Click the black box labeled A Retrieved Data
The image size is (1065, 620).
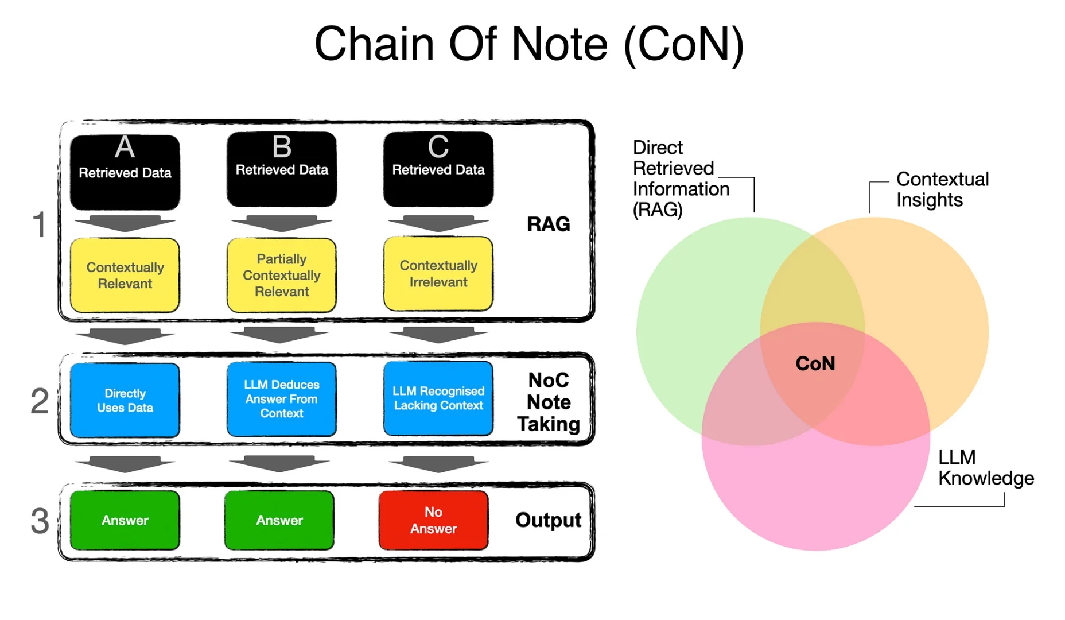[x=125, y=172]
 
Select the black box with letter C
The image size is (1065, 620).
[x=438, y=169]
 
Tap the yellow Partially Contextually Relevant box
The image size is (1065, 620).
[x=281, y=275]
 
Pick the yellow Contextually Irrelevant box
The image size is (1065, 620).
[x=438, y=274]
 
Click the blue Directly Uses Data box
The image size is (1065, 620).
[x=125, y=400]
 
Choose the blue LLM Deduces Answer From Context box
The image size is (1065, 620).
[x=281, y=399]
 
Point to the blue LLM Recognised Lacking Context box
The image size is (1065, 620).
[x=438, y=398]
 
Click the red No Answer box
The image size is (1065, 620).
[x=433, y=520]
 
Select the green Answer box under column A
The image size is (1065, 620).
[x=125, y=520]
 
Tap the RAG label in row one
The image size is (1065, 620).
[x=548, y=224]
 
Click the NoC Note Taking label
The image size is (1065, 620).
[x=548, y=402]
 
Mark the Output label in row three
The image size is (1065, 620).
[x=548, y=520]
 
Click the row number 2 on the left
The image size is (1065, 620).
[x=40, y=401]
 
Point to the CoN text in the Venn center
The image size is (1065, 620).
[x=815, y=363]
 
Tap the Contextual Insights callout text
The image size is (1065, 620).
[x=942, y=189]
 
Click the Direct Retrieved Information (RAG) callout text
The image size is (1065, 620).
[x=680, y=179]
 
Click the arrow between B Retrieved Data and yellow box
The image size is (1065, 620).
[x=281, y=223]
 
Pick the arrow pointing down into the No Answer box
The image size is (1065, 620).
[x=438, y=464]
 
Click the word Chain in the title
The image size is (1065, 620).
[x=374, y=44]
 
